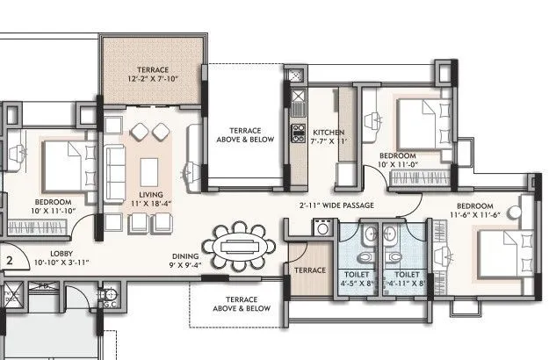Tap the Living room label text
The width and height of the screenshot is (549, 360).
146,199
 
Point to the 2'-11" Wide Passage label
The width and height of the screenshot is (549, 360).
336,205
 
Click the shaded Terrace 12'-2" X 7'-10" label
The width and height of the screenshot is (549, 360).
152,75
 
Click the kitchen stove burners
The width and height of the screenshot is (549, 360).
296,136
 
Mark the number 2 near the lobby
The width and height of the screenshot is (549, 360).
9,260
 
